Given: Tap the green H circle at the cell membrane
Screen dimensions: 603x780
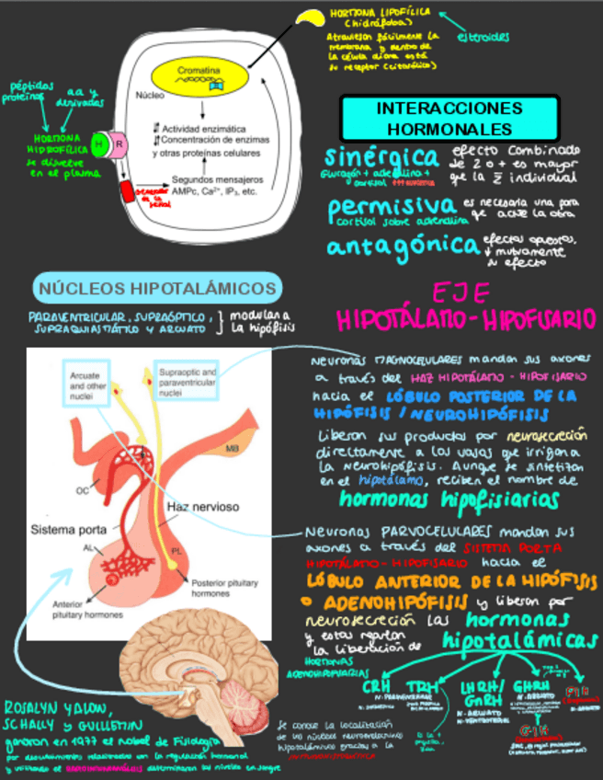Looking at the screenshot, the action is [x=99, y=143].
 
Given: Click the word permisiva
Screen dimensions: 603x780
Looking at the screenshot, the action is [x=392, y=206].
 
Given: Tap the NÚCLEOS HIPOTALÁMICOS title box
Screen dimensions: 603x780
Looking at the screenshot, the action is [x=157, y=289].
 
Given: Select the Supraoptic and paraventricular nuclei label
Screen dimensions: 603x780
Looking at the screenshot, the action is [x=180, y=379].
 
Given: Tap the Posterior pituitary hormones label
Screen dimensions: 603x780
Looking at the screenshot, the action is [x=222, y=588].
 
